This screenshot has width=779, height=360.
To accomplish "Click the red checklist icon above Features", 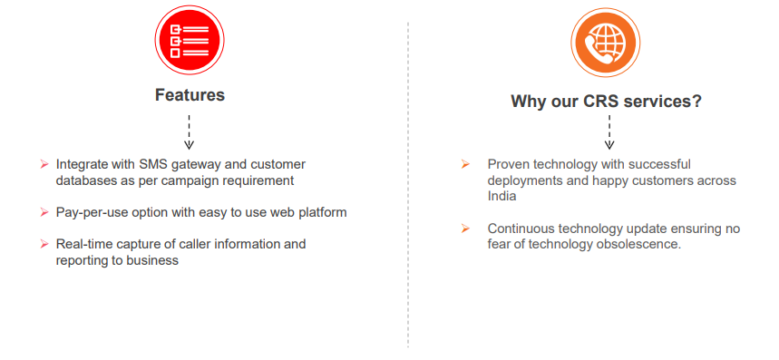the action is coord(190,40).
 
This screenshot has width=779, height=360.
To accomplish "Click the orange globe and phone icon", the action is coord(605,43).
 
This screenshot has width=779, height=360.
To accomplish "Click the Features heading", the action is coord(190,95).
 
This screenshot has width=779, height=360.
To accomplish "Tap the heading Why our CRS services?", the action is coord(606,102).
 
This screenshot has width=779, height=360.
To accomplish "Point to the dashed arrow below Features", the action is coord(189,132).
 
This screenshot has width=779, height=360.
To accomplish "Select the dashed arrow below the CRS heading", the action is coord(609,132).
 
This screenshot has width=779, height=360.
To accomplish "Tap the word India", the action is coord(501,196).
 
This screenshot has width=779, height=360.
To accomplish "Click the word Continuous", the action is coord(521,229).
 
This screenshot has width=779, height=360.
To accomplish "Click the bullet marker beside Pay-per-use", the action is coord(44,212).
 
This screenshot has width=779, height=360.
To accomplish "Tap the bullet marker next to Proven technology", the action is coord(465,164).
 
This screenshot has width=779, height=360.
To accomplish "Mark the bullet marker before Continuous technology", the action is coord(465,229).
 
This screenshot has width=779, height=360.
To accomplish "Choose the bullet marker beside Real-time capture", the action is coord(44,244).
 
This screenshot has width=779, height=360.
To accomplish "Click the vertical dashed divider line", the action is coord(408,184).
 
